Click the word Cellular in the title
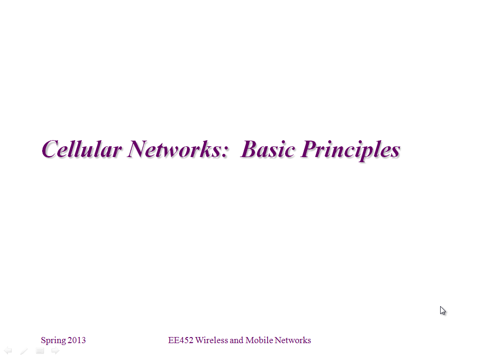(x=82, y=149)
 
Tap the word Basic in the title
(x=268, y=149)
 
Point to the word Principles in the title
(x=351, y=150)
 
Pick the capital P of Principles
(x=310, y=149)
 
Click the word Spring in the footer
(x=53, y=340)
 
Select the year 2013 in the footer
(x=76, y=340)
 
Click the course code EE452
(x=180, y=340)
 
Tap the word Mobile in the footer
(x=259, y=340)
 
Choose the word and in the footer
(x=237, y=340)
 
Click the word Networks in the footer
(x=292, y=340)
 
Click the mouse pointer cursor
(x=442, y=310)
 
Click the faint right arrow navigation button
(x=55, y=351)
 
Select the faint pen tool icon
(x=24, y=351)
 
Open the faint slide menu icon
(x=40, y=351)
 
